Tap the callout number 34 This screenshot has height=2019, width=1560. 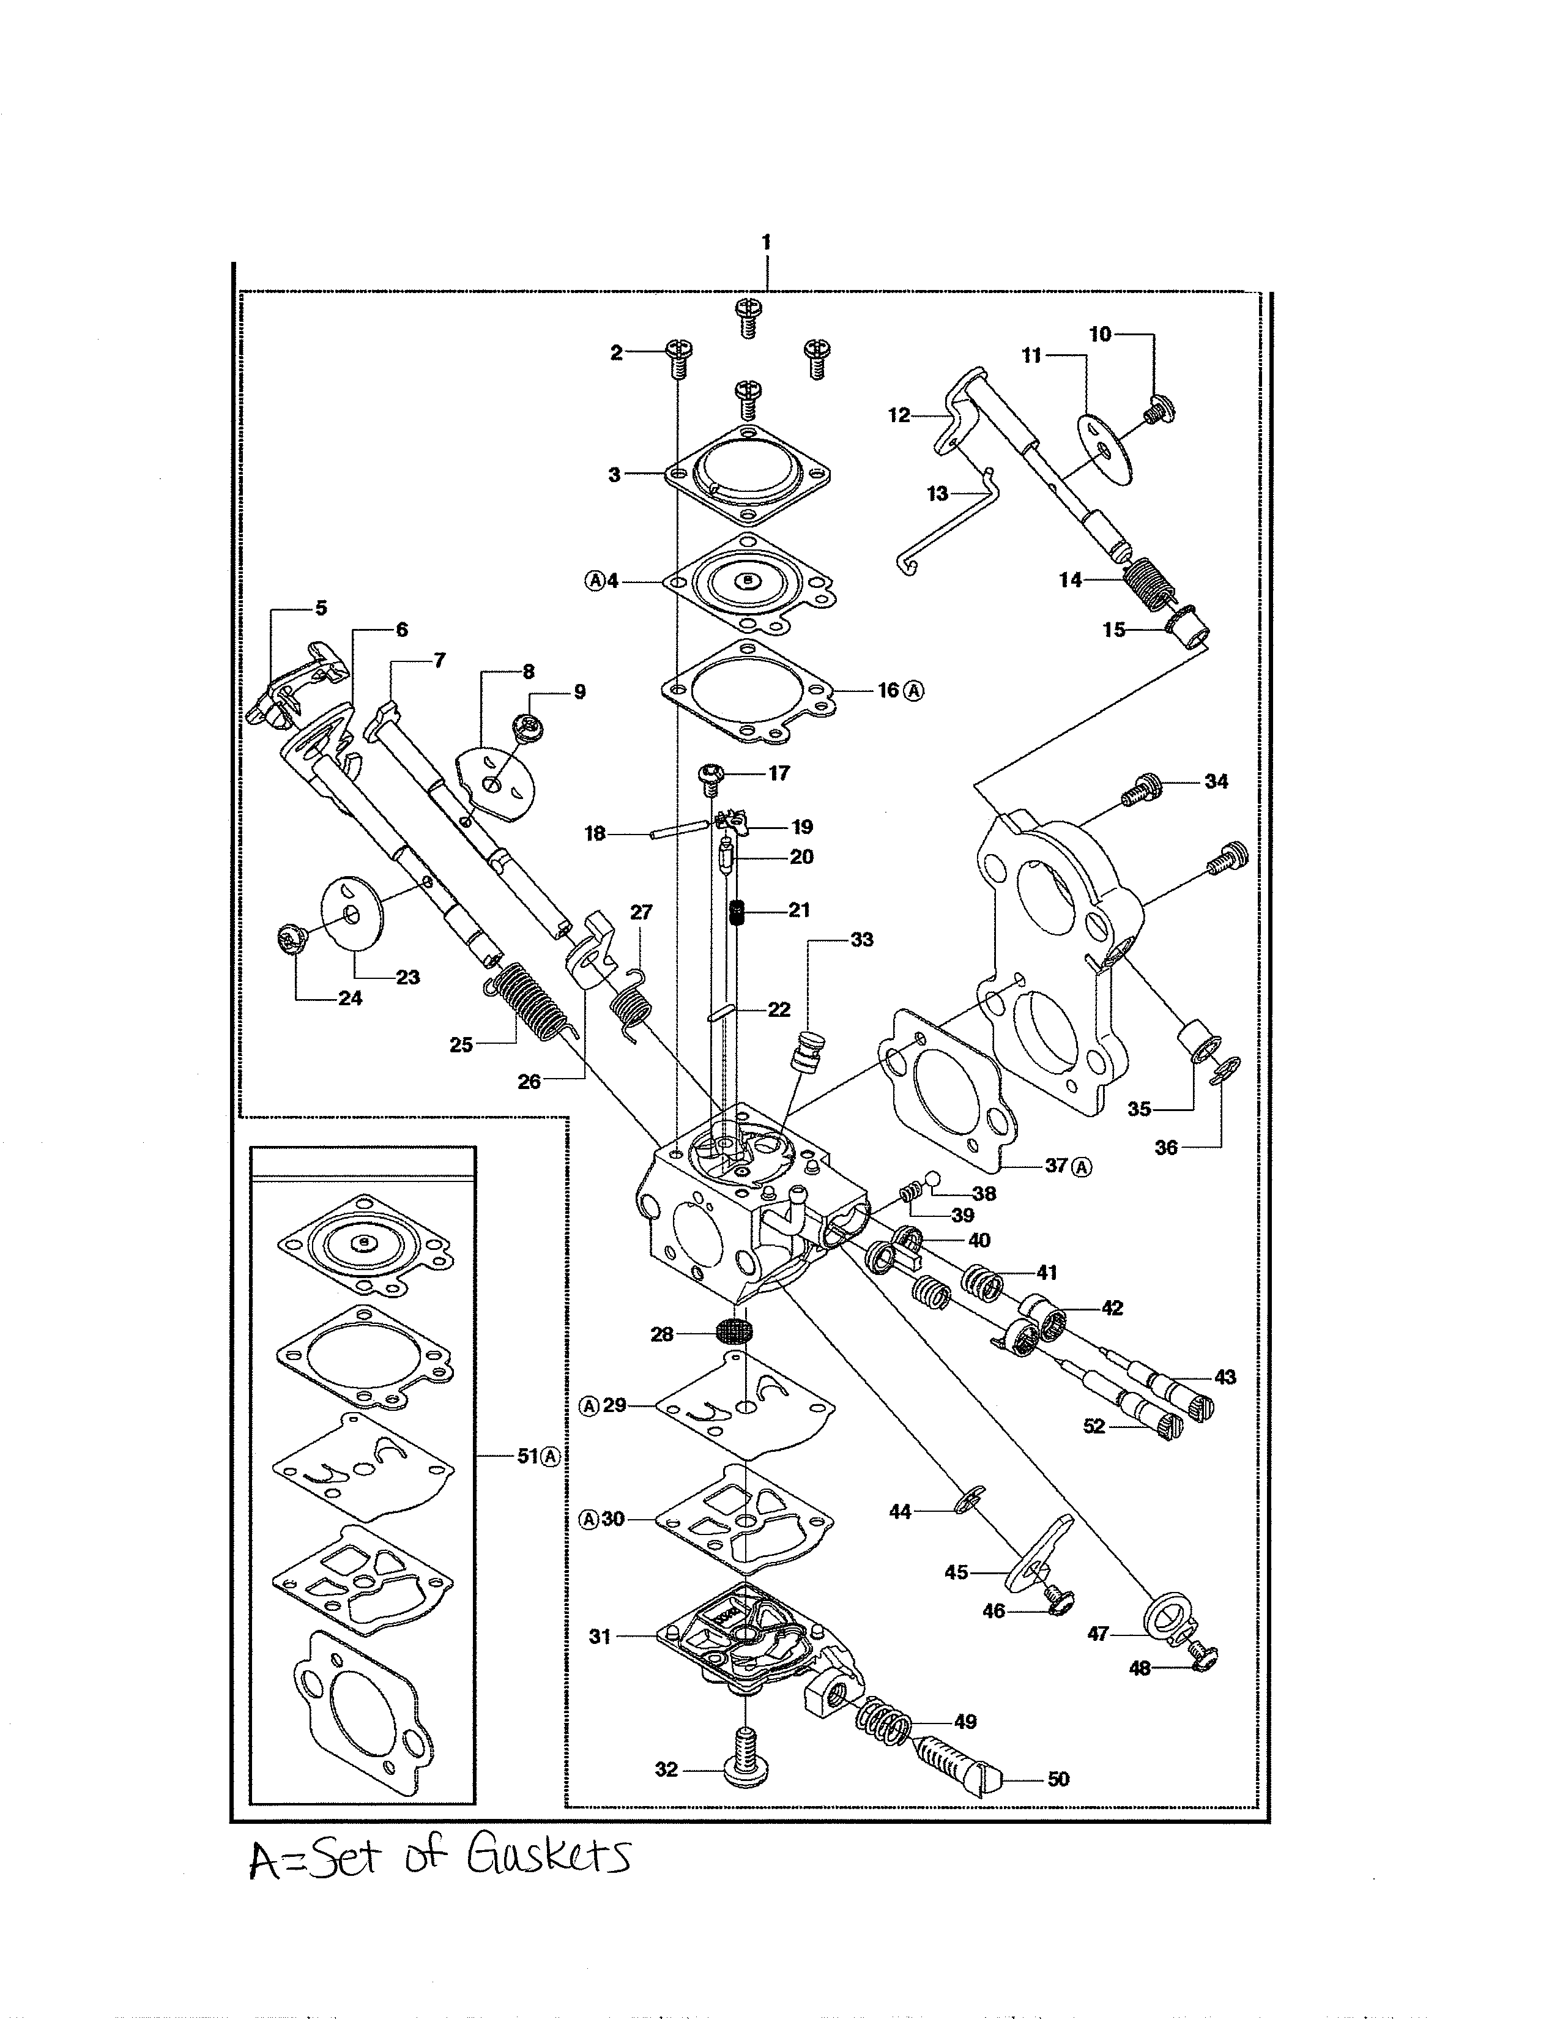1216,781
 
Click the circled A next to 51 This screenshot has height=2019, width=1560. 551,1456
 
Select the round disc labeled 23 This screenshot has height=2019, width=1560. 352,913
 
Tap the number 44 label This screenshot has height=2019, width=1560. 899,1511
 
